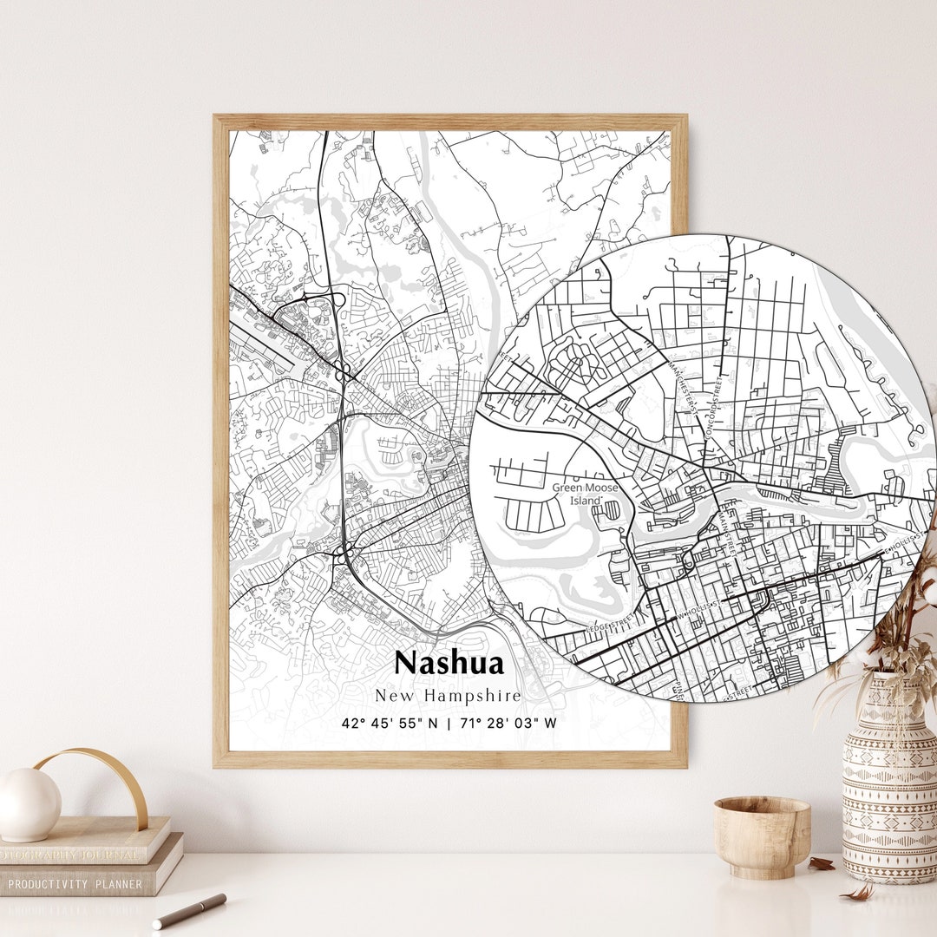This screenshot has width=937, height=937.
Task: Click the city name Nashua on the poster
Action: click(449, 663)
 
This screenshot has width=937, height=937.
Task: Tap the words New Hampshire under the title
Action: click(449, 696)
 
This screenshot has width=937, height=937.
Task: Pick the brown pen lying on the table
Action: click(189, 910)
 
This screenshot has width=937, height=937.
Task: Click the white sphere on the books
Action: click(29, 804)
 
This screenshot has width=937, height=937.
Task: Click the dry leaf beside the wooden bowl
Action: click(821, 864)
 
